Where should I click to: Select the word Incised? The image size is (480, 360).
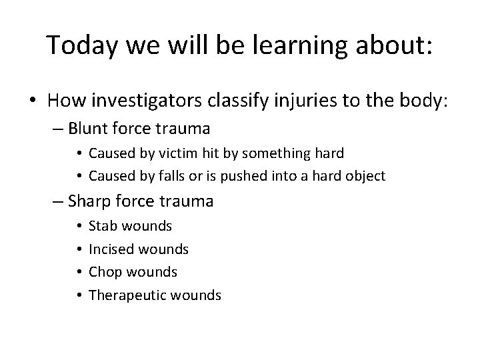(x=110, y=249)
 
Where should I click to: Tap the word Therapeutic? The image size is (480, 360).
(x=126, y=295)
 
